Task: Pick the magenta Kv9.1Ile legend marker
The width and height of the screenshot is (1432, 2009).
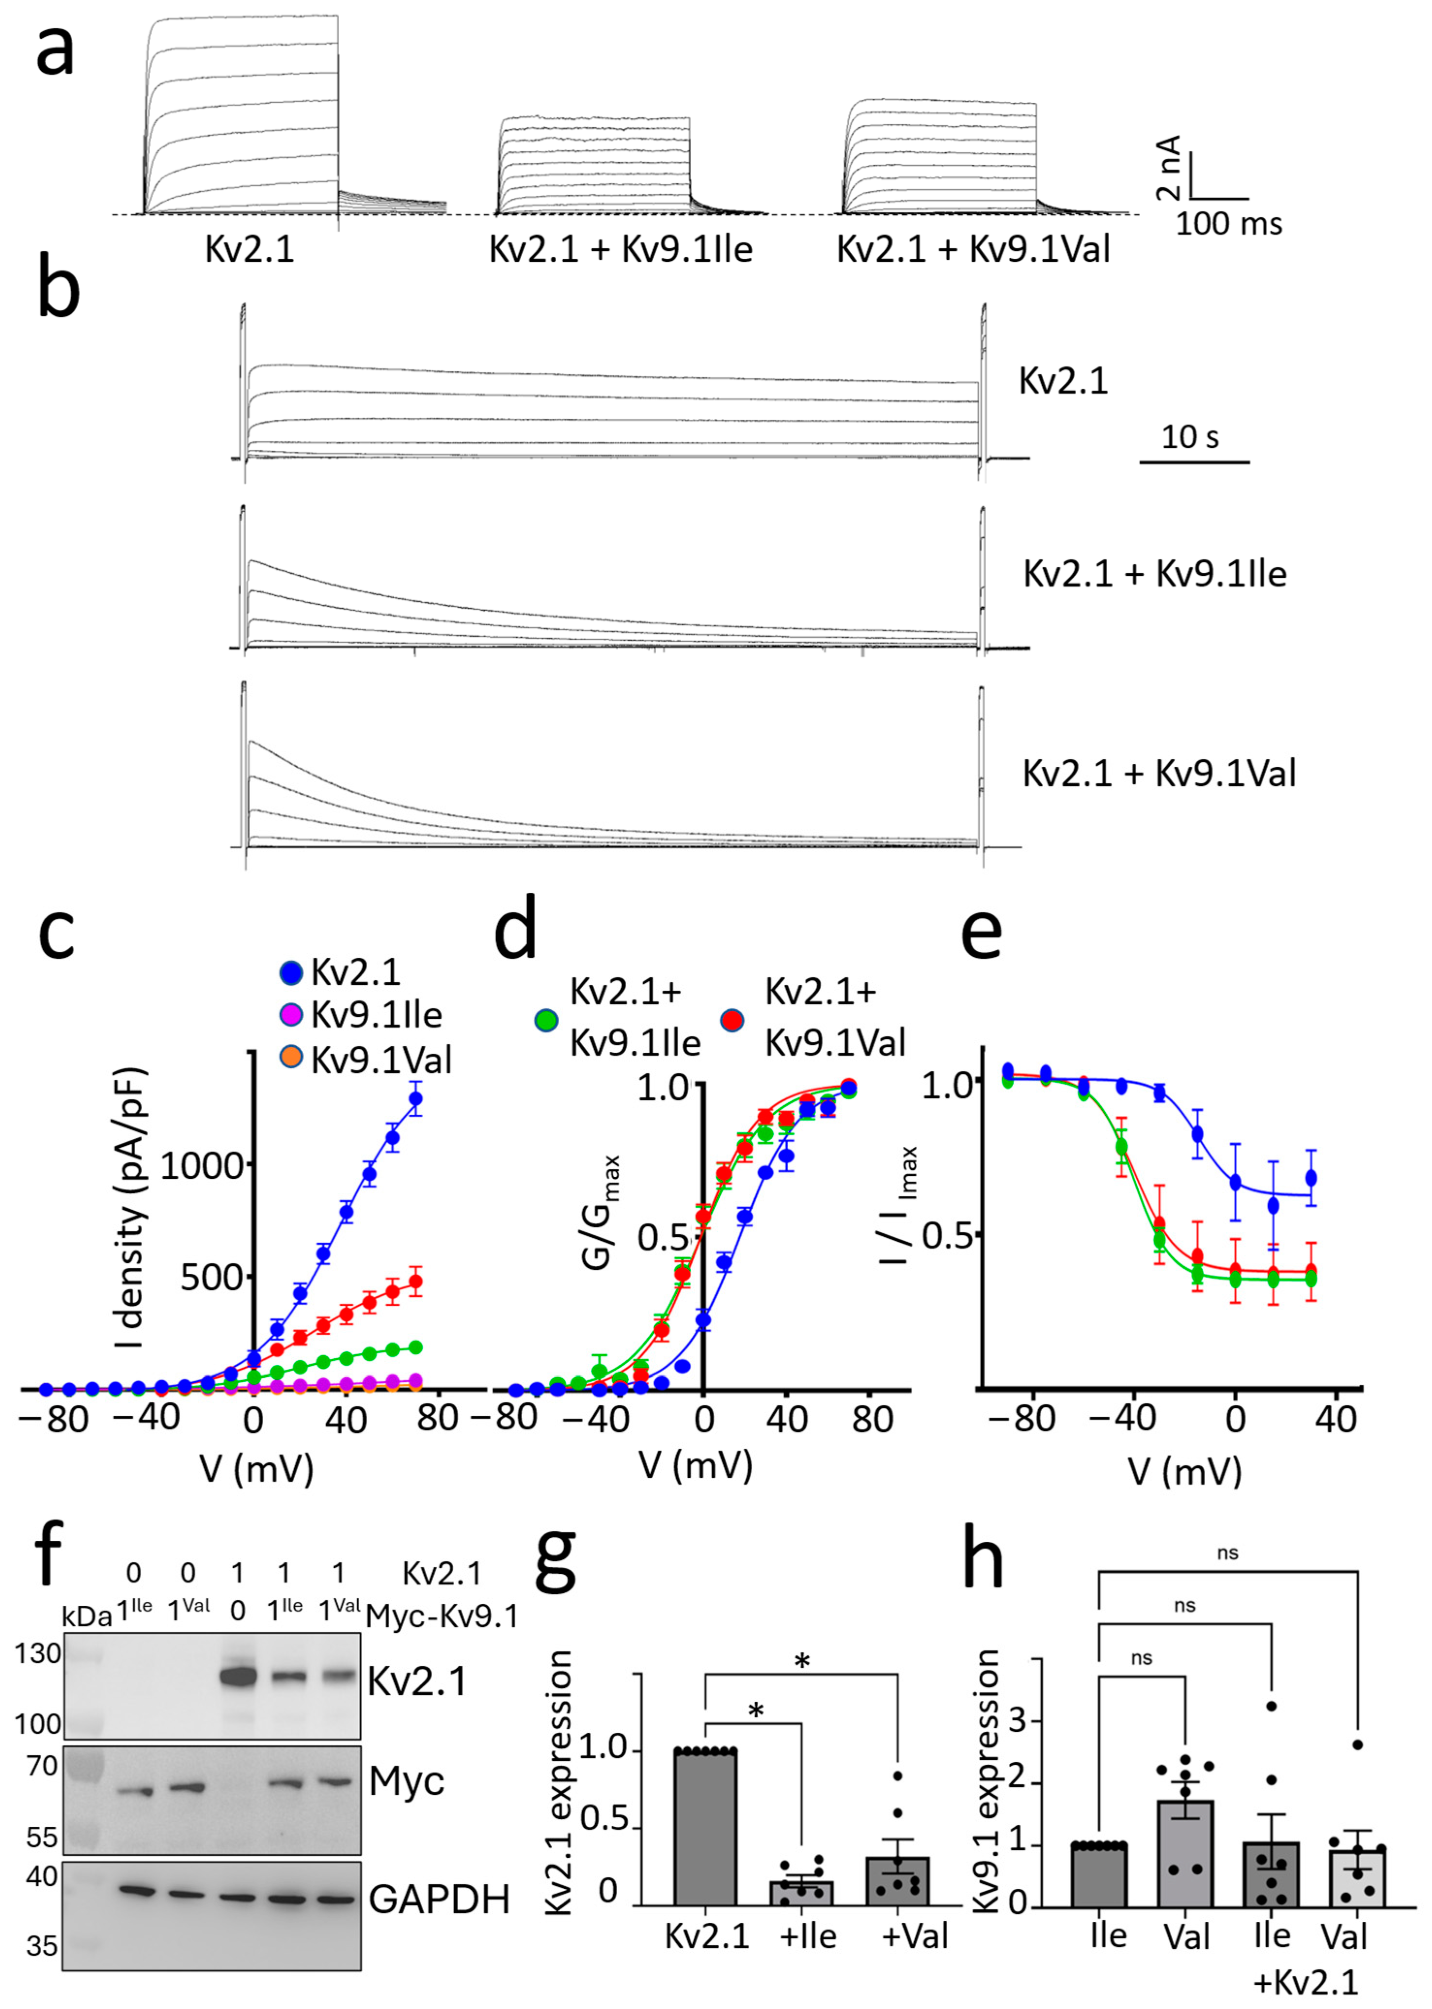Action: [x=291, y=1014]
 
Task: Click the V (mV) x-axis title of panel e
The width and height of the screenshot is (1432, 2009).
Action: [x=1184, y=1471]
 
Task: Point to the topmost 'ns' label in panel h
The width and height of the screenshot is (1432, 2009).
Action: [x=1227, y=1553]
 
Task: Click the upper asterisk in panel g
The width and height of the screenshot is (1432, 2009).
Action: [x=801, y=1662]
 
